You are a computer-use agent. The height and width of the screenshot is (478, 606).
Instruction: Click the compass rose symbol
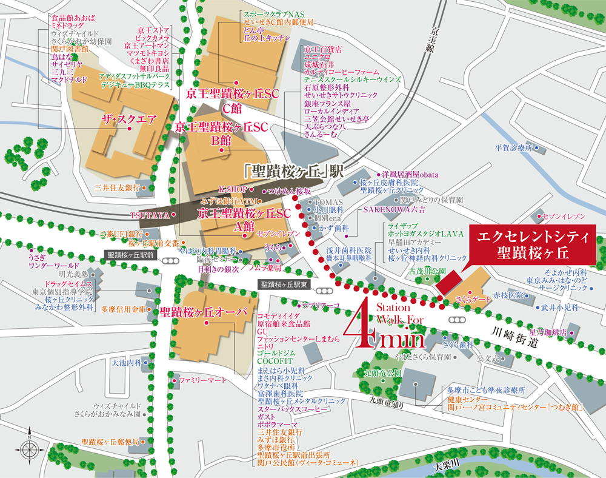30,448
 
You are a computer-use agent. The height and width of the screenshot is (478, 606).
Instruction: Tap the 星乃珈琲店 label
548,332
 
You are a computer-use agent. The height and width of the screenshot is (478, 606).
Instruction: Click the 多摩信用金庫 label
124,309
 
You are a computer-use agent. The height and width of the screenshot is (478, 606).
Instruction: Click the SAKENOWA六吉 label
394,209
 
